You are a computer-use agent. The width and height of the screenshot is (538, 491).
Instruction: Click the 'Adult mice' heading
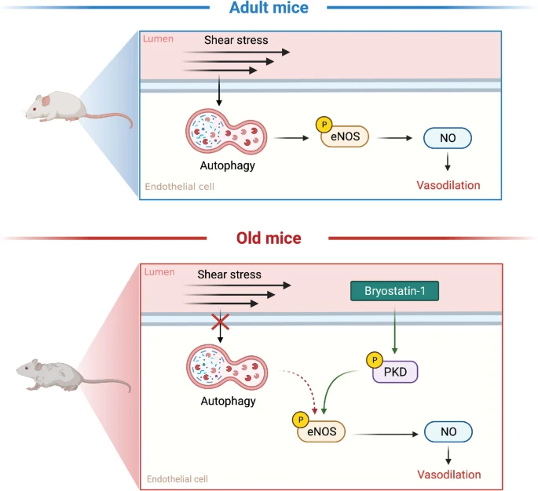[269, 9]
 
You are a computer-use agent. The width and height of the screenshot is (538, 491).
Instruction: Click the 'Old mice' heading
[269, 237]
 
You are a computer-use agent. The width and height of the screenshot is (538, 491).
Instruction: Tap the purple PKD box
[395, 370]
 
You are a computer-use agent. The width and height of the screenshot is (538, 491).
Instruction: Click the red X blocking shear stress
[221, 322]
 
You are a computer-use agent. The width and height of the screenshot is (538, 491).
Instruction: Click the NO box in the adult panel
[447, 138]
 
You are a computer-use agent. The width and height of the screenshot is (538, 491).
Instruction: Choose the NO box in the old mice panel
[448, 432]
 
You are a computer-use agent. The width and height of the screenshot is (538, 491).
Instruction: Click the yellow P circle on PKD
[371, 360]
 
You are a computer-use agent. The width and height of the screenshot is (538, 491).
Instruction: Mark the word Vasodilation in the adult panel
[448, 186]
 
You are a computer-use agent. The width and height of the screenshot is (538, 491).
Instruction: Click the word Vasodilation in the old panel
[448, 475]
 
